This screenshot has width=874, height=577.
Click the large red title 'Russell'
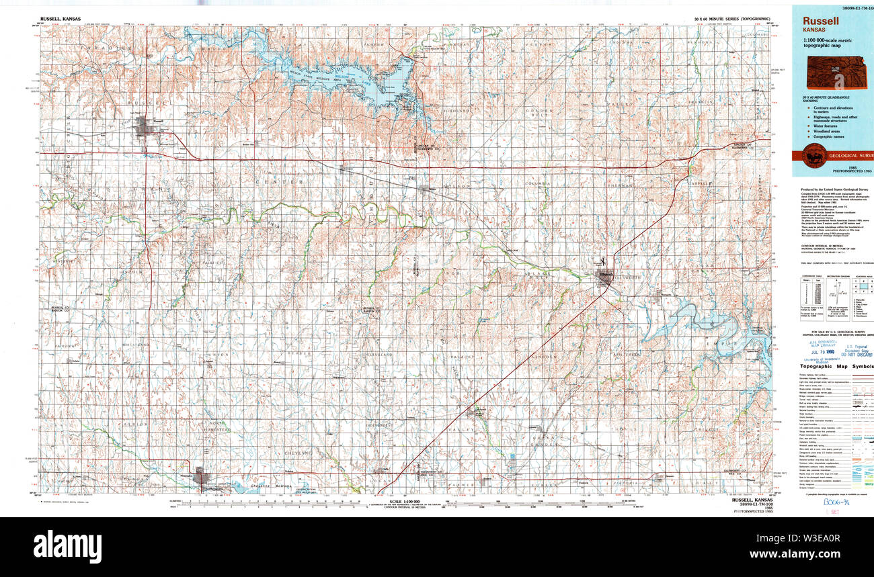pyautogui.click(x=820, y=21)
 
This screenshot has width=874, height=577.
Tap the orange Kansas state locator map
pyautogui.click(x=837, y=72)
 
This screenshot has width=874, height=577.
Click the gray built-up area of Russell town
pyautogui.click(x=144, y=126)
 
